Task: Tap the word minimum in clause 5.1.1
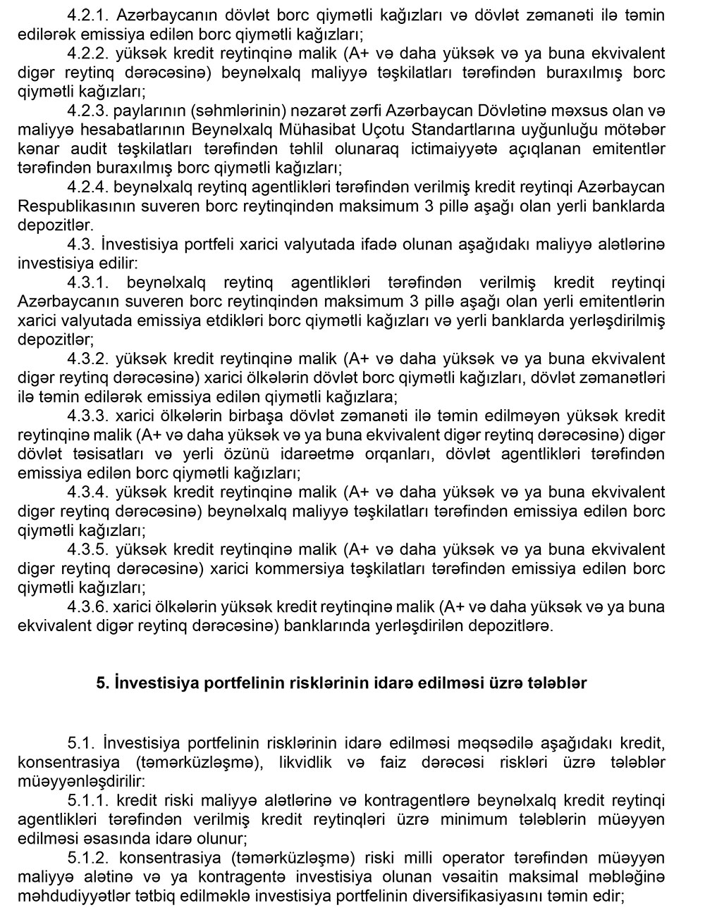pos(479,819)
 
